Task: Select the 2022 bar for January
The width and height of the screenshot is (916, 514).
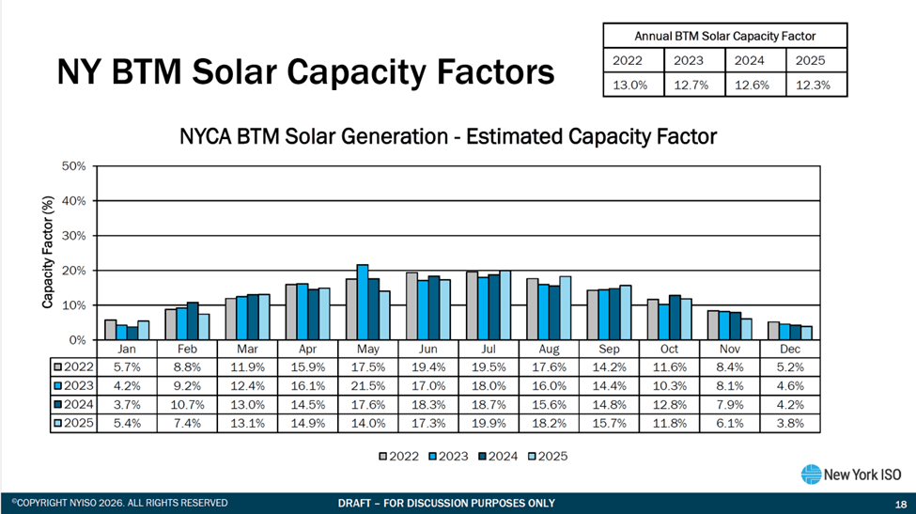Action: point(111,330)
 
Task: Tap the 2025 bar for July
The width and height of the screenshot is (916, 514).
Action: point(506,305)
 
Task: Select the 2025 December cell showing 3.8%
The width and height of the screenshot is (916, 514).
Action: point(789,423)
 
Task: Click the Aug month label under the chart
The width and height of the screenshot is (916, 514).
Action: point(550,348)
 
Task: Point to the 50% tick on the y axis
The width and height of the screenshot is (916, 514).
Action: point(73,166)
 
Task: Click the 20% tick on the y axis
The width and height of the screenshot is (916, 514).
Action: point(73,271)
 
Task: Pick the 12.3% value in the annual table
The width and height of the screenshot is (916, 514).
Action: point(810,84)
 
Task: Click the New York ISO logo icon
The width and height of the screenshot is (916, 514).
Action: point(811,475)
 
